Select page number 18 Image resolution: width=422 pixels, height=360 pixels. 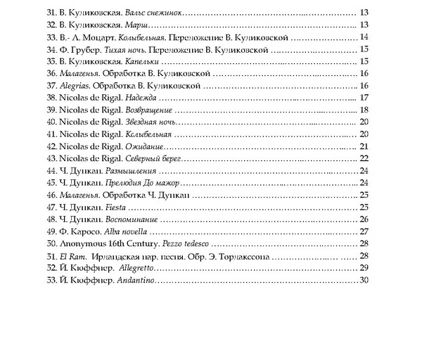(x=364, y=110)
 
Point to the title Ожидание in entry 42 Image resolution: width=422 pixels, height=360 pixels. (x=142, y=146)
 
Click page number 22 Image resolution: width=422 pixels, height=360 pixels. (x=364, y=159)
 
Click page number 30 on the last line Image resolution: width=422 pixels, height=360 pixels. (x=364, y=281)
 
